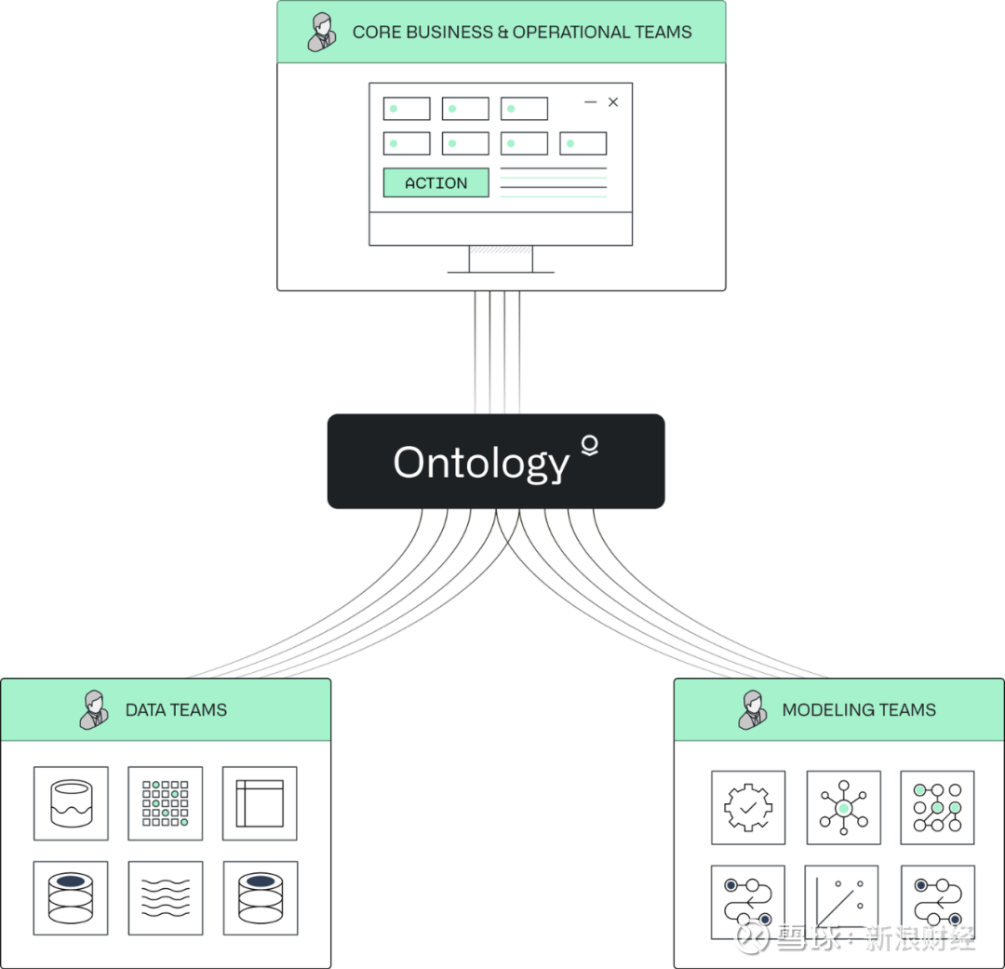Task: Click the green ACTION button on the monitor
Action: pyautogui.click(x=435, y=182)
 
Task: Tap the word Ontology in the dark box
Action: pyautogui.click(x=480, y=463)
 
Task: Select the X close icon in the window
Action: pyautogui.click(x=613, y=102)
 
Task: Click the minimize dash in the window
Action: pyautogui.click(x=590, y=102)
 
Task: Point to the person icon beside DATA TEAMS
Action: pyautogui.click(x=93, y=710)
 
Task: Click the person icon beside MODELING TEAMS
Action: pyautogui.click(x=752, y=710)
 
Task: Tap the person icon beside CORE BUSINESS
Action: pyautogui.click(x=322, y=32)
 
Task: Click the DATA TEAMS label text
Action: pyautogui.click(x=176, y=710)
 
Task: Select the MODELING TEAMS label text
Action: pyautogui.click(x=858, y=710)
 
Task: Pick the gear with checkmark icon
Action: pyautogui.click(x=748, y=807)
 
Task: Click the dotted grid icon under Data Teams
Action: pyautogui.click(x=165, y=803)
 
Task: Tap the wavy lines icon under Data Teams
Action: pyautogui.click(x=165, y=897)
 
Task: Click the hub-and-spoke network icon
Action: pyautogui.click(x=843, y=807)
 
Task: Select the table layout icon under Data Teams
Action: pyautogui.click(x=260, y=803)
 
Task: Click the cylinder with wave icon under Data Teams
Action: pyautogui.click(x=71, y=803)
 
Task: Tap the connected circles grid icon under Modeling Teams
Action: pyautogui.click(x=937, y=807)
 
